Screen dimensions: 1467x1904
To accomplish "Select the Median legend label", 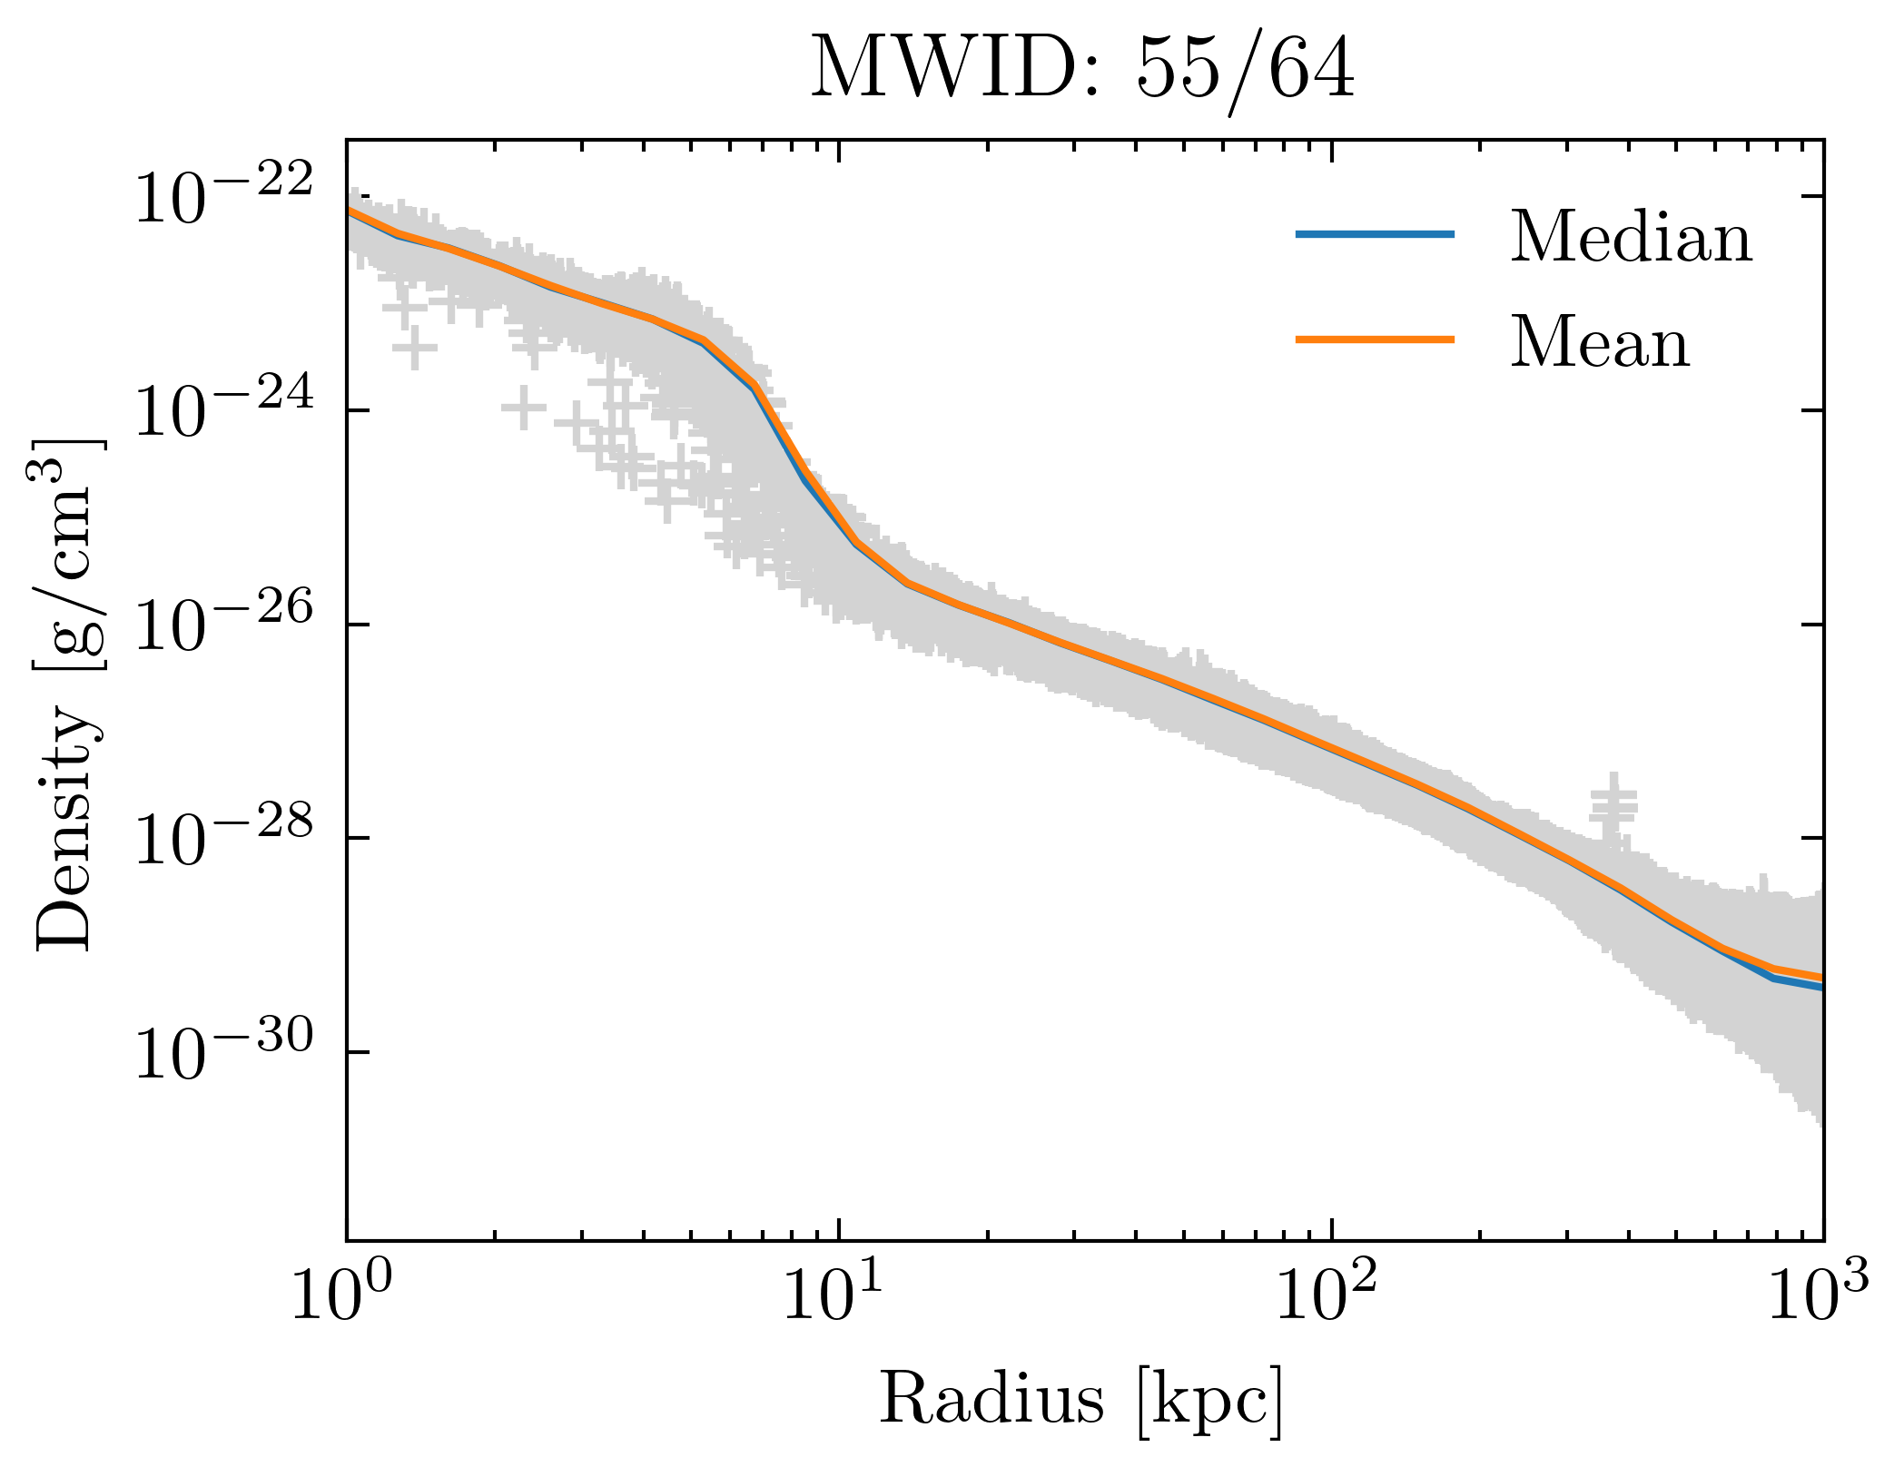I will coord(1631,238).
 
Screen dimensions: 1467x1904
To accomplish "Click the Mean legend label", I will coord(1600,343).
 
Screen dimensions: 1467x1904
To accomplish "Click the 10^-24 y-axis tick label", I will coord(223,413).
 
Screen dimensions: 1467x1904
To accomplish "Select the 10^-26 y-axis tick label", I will coord(223,626).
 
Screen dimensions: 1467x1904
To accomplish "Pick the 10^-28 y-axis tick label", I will coord(223,841).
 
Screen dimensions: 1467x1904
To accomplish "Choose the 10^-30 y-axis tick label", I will coord(223,1055).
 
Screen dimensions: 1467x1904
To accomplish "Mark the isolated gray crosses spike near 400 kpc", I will coord(1613,803).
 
